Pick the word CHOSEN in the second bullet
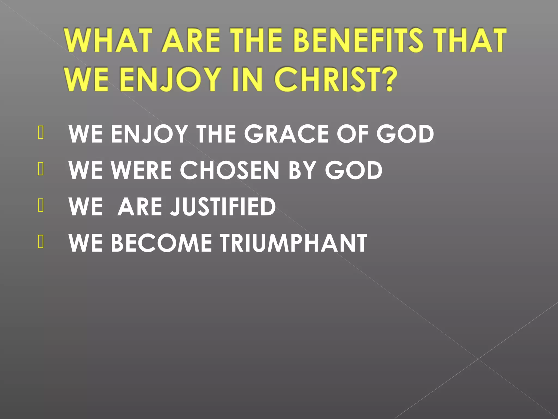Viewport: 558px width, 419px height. pyautogui.click(x=229, y=170)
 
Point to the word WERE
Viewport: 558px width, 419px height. pyautogui.click(x=141, y=170)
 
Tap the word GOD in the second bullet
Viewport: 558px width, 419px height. pyautogui.click(x=354, y=170)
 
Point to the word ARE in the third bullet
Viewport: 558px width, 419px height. pyautogui.click(x=140, y=206)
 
